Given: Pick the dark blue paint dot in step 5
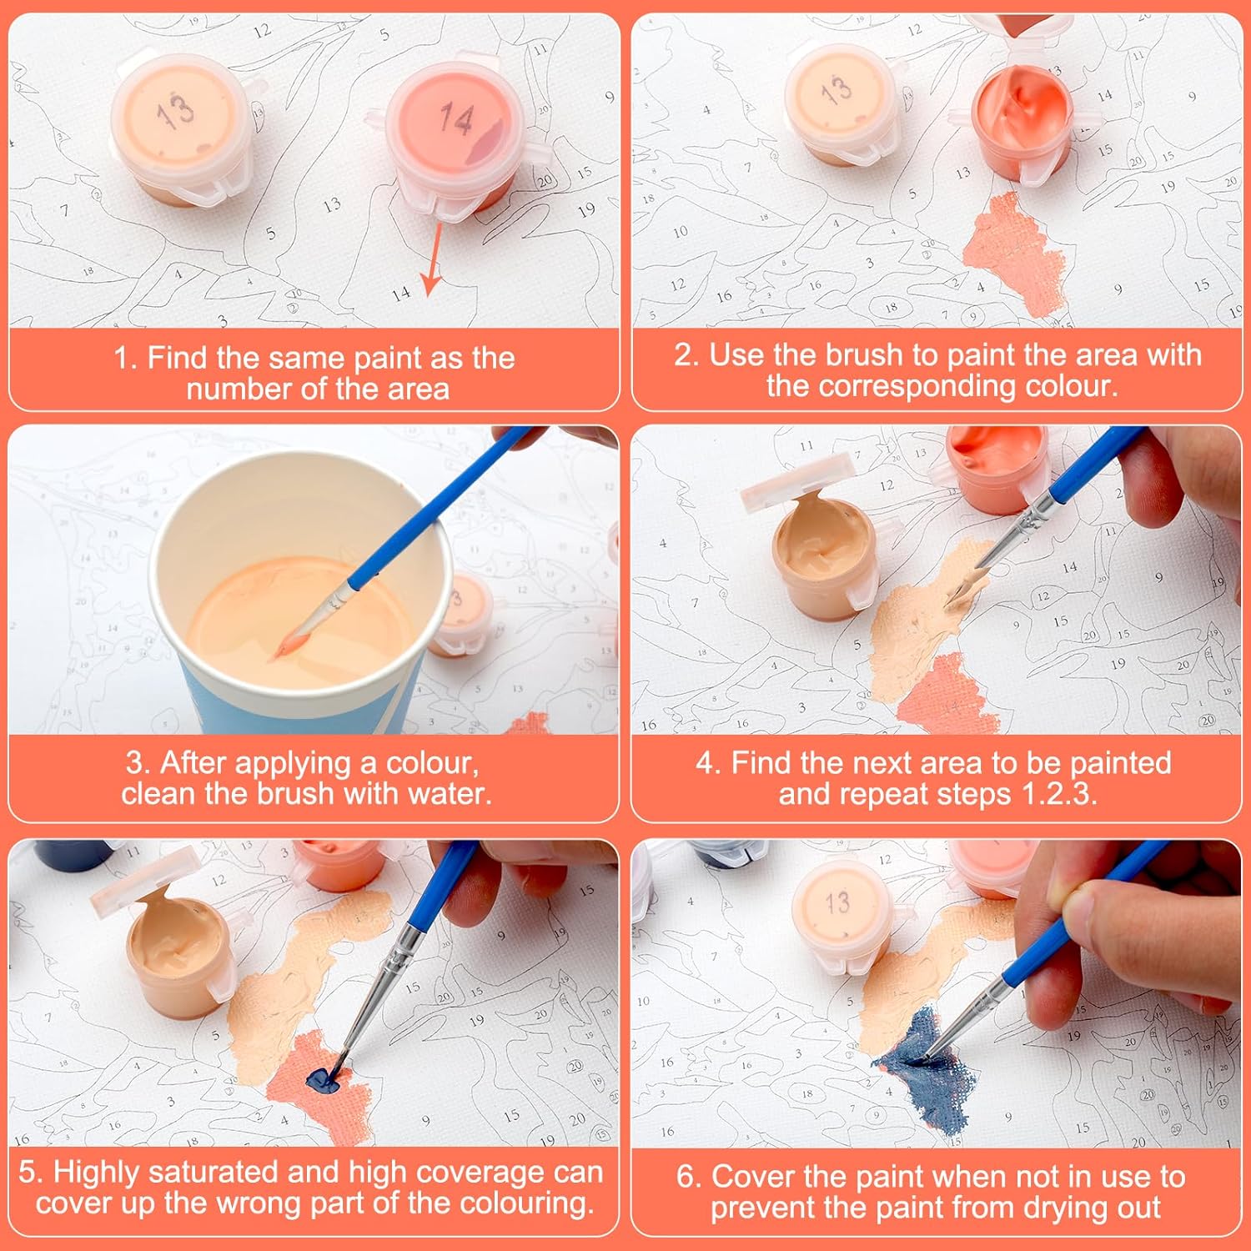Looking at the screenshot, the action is pos(323,1081).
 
